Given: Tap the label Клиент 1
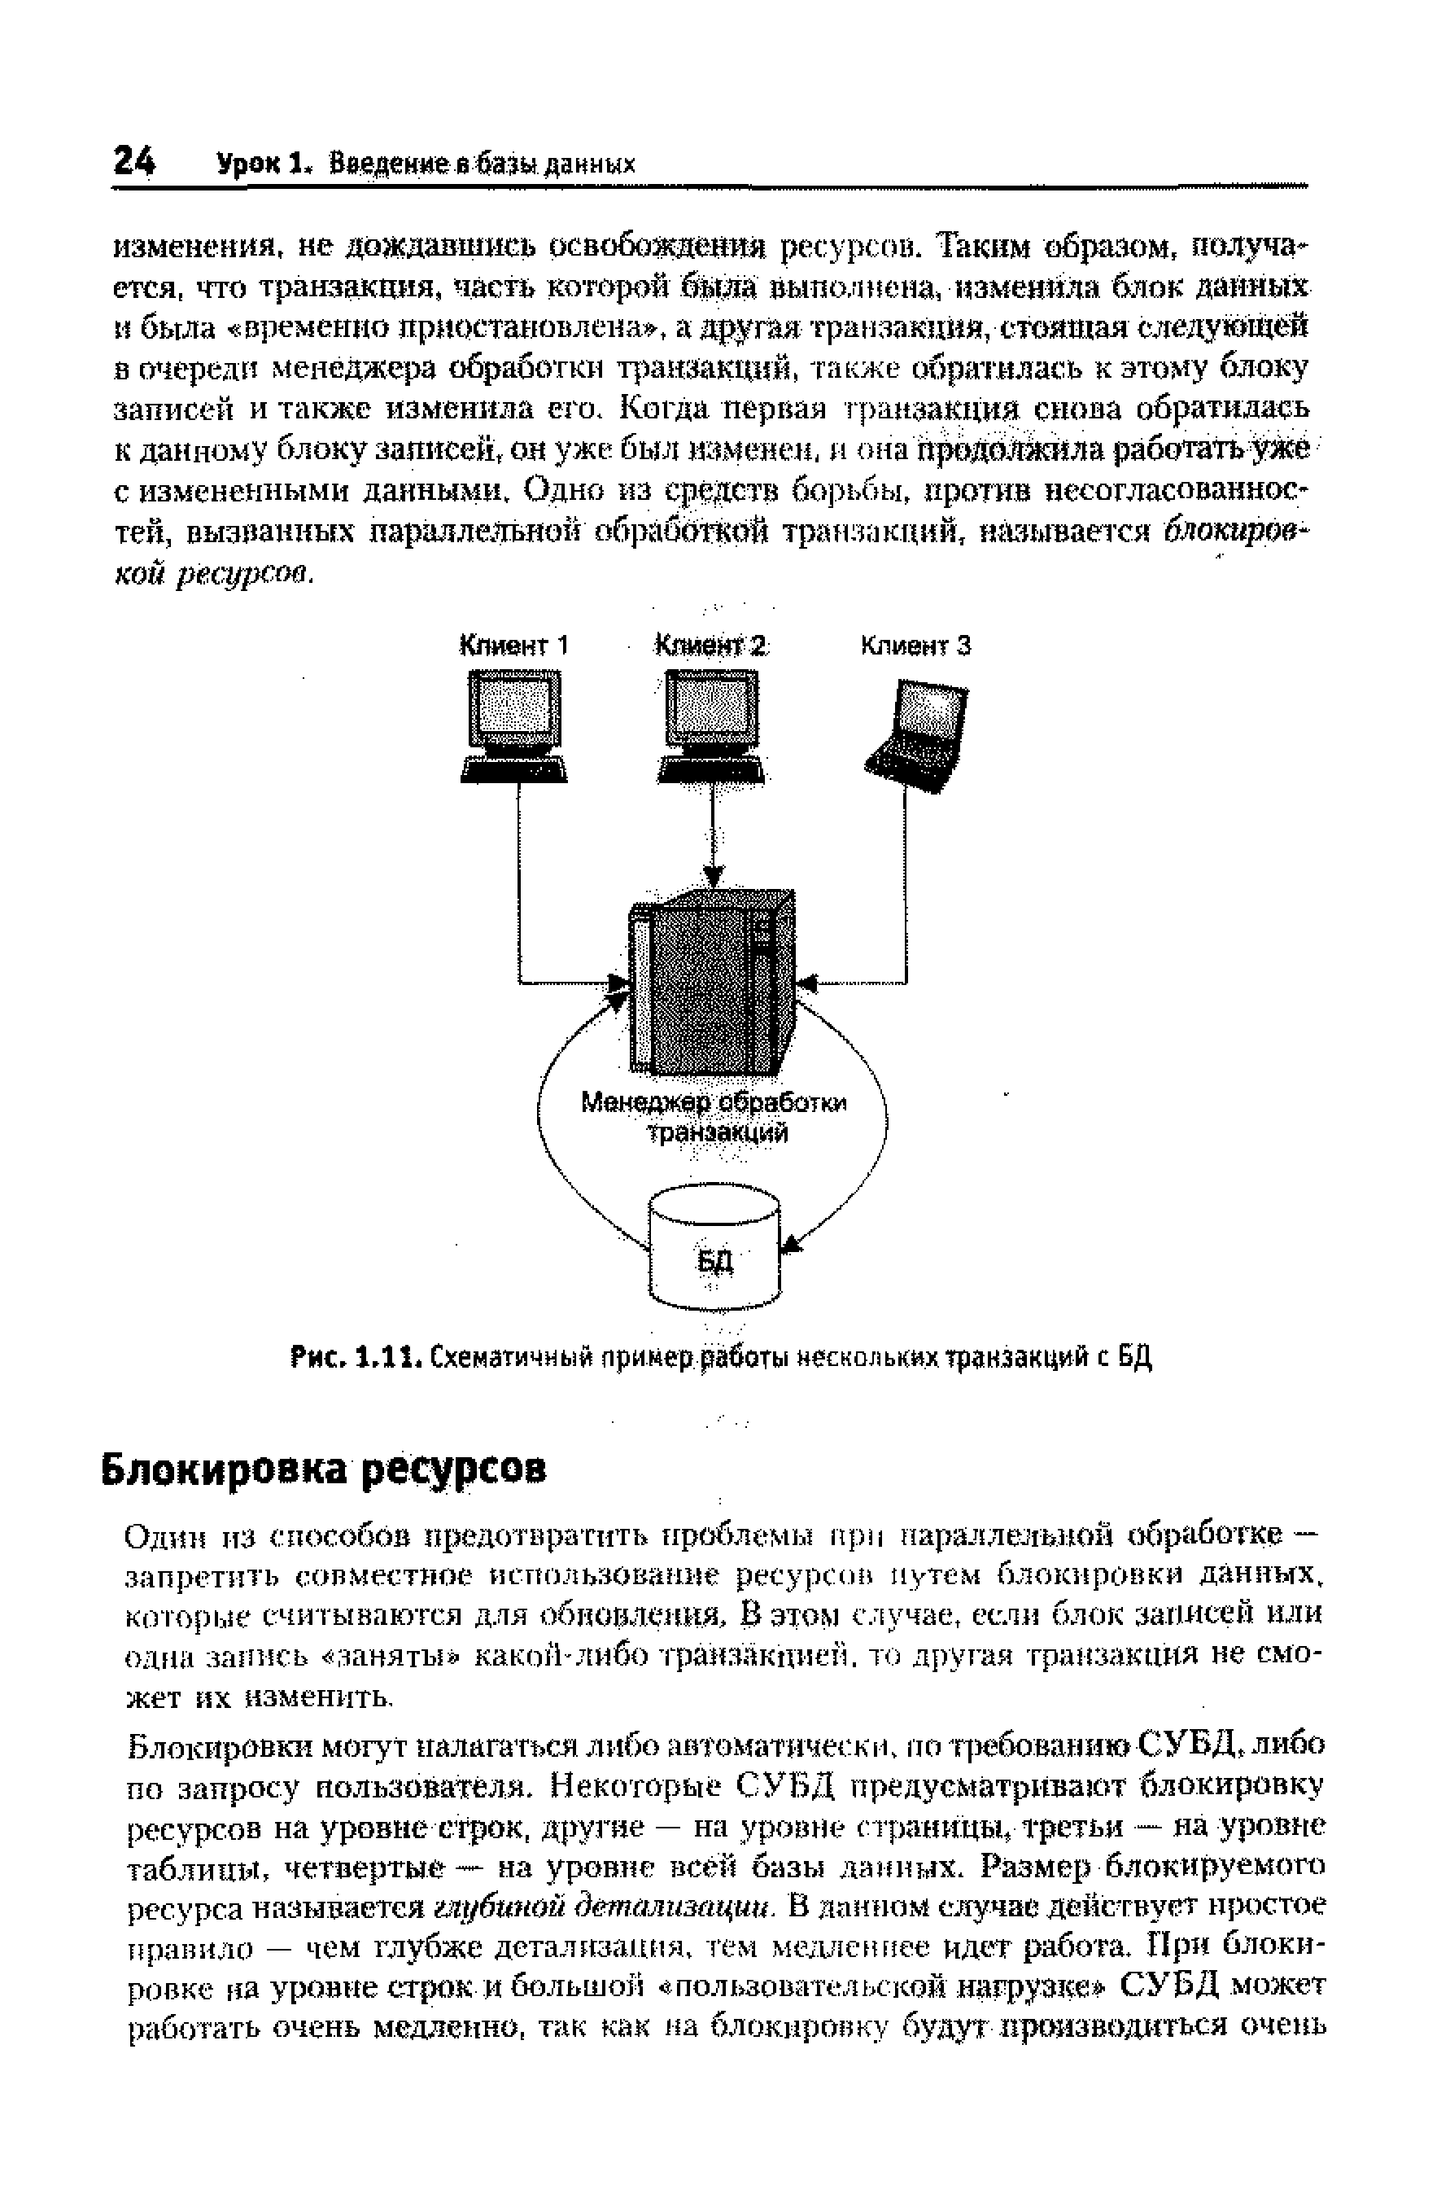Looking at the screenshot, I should (x=514, y=645).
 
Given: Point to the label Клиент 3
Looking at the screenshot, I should (x=915, y=645).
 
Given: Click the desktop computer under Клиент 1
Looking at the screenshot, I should (x=514, y=726).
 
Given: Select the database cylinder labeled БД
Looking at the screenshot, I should (x=714, y=1249).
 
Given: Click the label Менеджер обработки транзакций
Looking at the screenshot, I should (x=714, y=1118).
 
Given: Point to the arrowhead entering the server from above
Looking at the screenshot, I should (x=712, y=875).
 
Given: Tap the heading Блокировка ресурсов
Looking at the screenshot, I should (x=324, y=1467).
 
